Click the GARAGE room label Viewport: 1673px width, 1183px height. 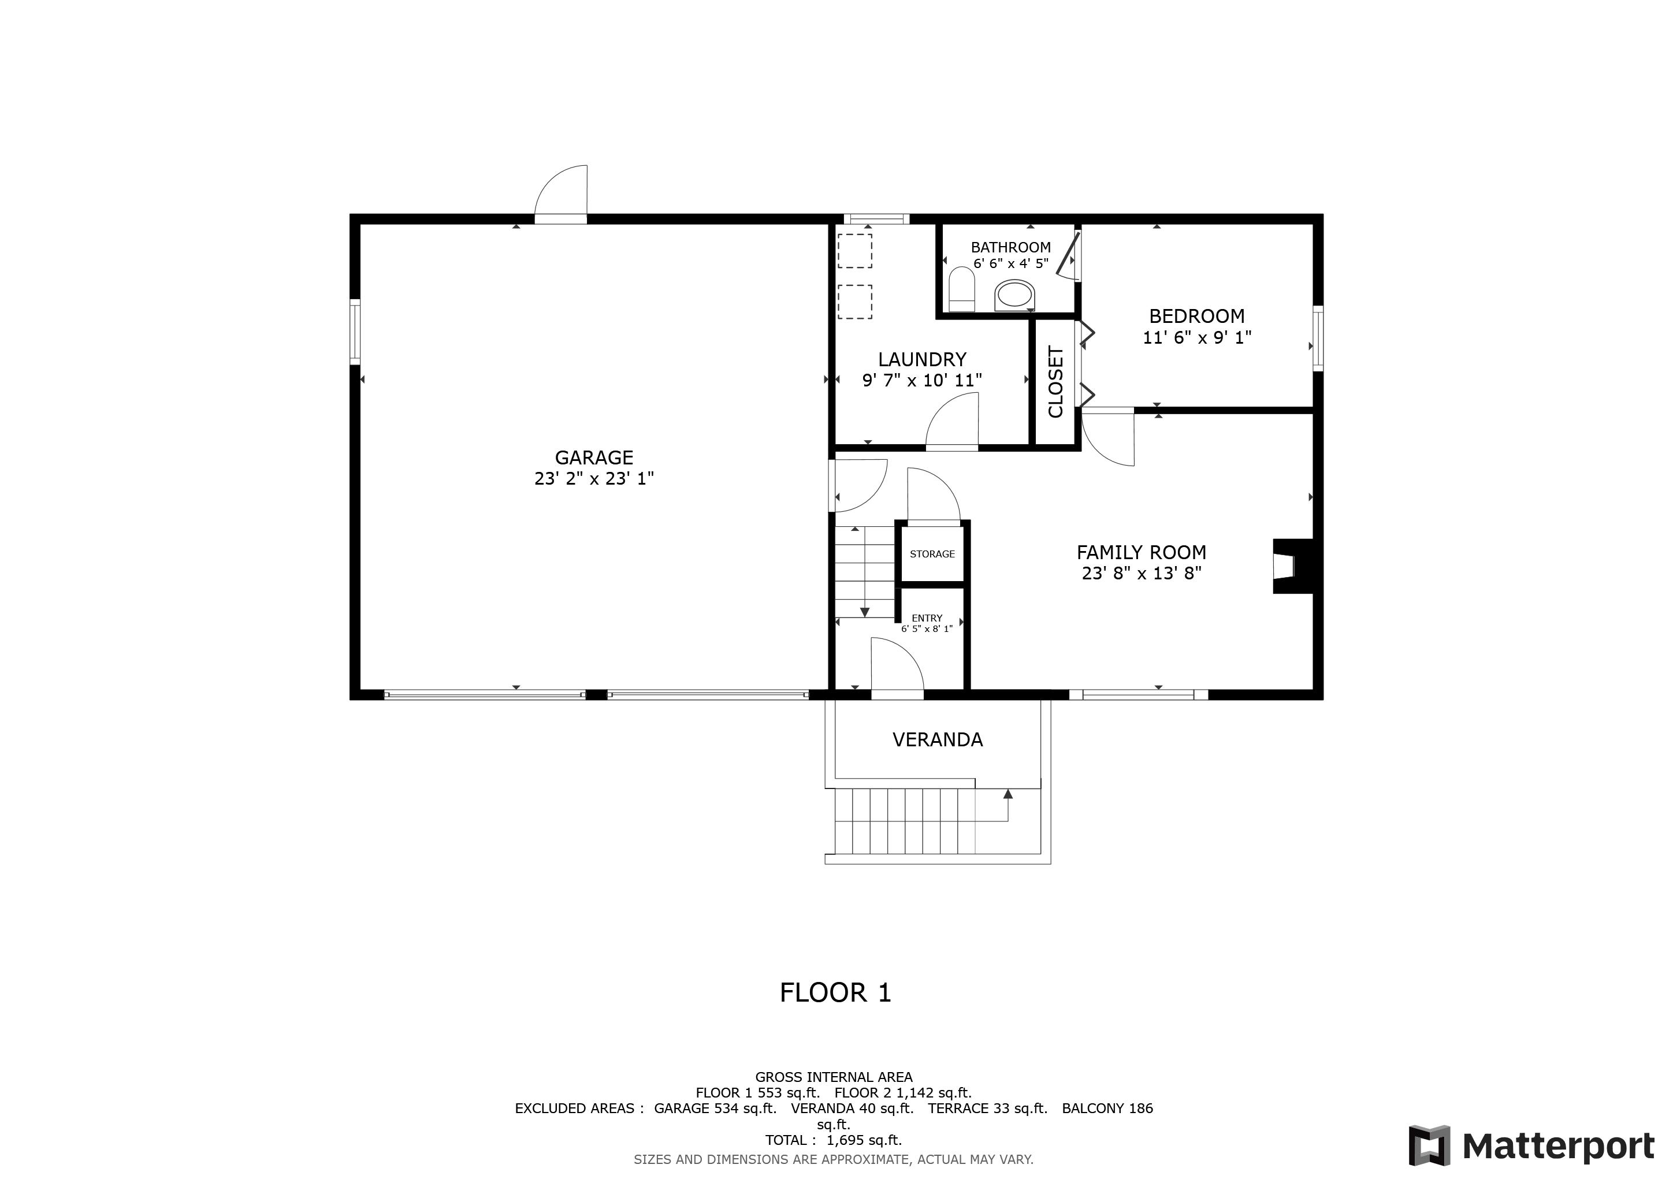594,457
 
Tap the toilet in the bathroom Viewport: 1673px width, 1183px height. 962,289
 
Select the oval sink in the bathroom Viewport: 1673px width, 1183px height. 1014,295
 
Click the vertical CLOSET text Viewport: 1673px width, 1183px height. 1055,382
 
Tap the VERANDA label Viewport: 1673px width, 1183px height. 937,740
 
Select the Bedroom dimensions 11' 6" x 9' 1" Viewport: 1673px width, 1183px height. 1196,337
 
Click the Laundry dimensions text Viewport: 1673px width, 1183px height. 922,380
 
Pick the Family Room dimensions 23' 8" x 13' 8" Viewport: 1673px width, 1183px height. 1141,573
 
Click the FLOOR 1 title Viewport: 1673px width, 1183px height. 835,993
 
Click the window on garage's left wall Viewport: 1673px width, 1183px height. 355,332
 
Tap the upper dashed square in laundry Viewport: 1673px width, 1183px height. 855,251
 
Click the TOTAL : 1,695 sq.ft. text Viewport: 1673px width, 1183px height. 834,1140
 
